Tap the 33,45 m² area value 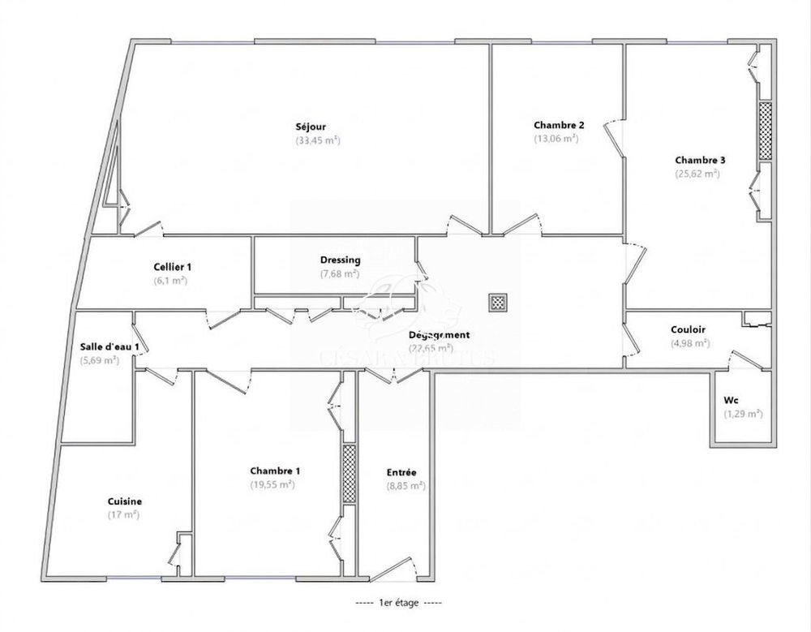tap(317, 140)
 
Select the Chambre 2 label tap(559, 125)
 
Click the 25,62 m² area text tap(697, 173)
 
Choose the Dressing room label tap(340, 260)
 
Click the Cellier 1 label tap(172, 267)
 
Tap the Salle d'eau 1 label tap(103, 346)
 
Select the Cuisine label tap(125, 501)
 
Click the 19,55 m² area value tap(272, 484)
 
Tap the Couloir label tap(689, 329)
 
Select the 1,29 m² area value tap(743, 414)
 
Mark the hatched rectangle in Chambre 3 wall tap(764, 131)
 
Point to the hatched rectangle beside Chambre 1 tap(349, 474)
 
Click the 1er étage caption tap(399, 604)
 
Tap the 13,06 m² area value tap(556, 138)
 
